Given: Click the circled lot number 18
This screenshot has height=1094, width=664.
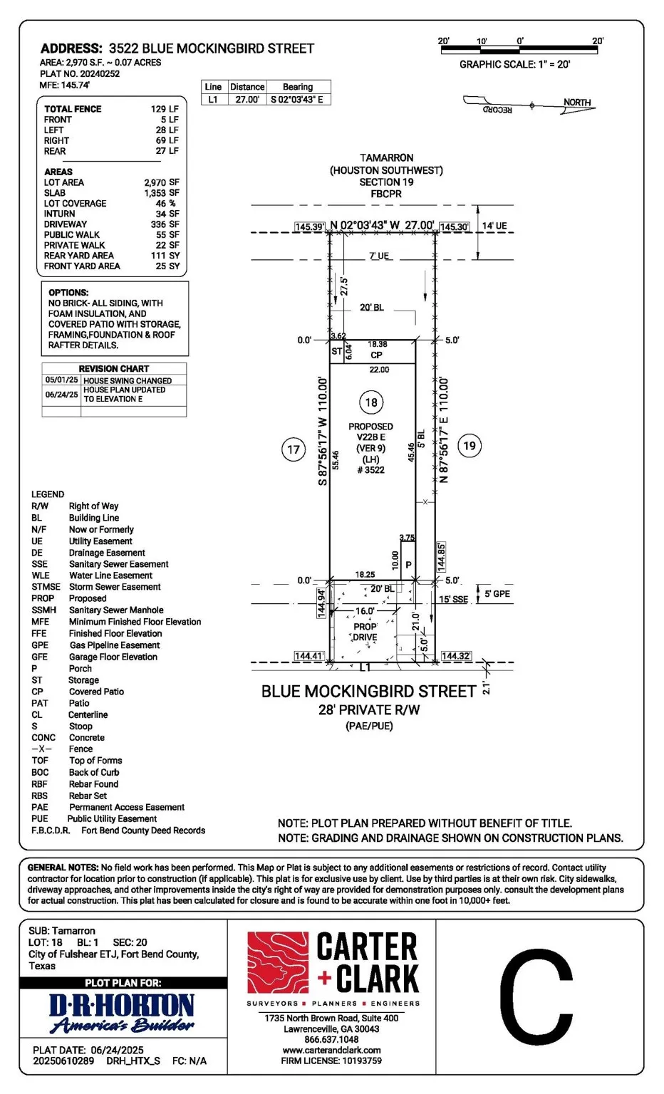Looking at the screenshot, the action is (371, 402).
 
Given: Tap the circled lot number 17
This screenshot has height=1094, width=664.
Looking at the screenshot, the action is (293, 449).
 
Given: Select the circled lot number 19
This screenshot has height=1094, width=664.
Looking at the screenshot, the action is (469, 445).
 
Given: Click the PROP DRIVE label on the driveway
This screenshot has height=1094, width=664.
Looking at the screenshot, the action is (365, 632).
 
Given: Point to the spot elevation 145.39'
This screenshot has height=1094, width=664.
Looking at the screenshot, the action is (310, 226).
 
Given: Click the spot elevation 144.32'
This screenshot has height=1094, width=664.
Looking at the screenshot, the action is (457, 656).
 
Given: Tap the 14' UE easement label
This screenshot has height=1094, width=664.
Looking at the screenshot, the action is (494, 226).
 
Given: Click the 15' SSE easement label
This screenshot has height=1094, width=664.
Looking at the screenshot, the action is (453, 599).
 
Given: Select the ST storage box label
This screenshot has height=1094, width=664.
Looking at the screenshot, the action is (337, 351).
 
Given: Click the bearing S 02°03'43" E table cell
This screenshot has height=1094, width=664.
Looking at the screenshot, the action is (297, 99).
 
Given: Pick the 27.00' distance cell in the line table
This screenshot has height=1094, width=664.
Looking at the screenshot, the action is (247, 99).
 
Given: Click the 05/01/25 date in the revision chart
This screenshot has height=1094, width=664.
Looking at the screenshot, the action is (61, 380).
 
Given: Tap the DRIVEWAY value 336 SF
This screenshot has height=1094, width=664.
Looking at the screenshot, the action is (165, 224).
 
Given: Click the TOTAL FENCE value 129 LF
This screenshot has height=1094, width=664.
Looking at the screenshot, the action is (165, 109).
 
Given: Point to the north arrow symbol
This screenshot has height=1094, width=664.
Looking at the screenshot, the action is (529, 105).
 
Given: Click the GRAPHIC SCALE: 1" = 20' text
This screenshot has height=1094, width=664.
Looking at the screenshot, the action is (515, 64).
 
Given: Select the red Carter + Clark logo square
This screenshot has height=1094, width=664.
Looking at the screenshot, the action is (278, 962).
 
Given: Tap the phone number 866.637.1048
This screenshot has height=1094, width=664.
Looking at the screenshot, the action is (332, 1039).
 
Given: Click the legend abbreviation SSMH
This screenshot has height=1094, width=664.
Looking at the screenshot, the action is (44, 610).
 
